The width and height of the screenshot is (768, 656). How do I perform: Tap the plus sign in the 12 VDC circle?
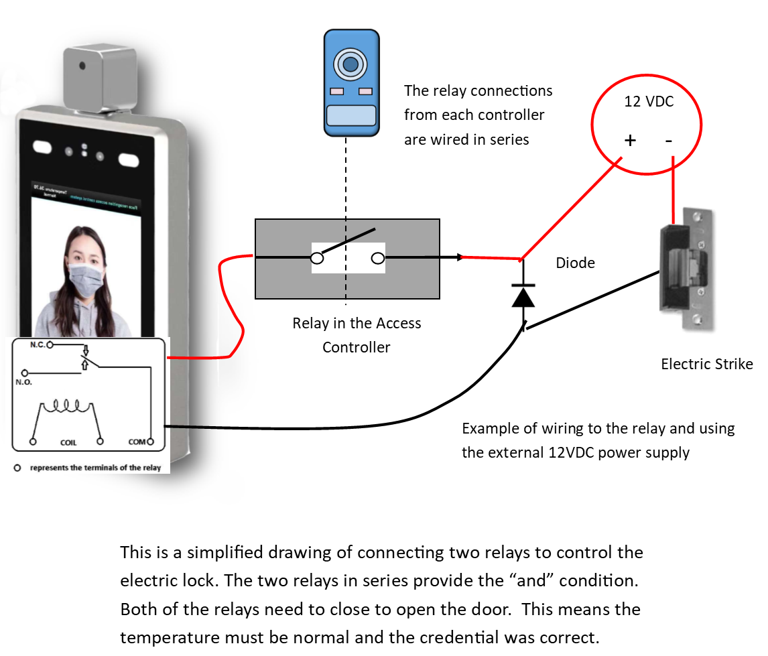click(630, 141)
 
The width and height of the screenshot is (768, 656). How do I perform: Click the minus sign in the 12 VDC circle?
click(669, 141)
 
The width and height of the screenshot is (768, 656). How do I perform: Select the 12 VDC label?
click(649, 103)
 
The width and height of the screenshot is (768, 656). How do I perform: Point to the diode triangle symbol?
click(523, 296)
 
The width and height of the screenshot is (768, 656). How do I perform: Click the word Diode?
click(575, 263)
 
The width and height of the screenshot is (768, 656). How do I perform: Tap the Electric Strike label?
click(706, 365)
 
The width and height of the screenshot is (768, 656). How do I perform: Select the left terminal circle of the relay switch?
click(318, 258)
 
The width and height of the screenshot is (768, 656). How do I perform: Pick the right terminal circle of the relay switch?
click(378, 258)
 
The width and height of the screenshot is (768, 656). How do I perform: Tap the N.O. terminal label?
click(23, 382)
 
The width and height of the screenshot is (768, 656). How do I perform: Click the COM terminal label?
click(137, 442)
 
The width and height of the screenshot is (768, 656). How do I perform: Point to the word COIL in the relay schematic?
click(68, 443)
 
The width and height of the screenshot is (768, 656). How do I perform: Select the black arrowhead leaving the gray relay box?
click(459, 257)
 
